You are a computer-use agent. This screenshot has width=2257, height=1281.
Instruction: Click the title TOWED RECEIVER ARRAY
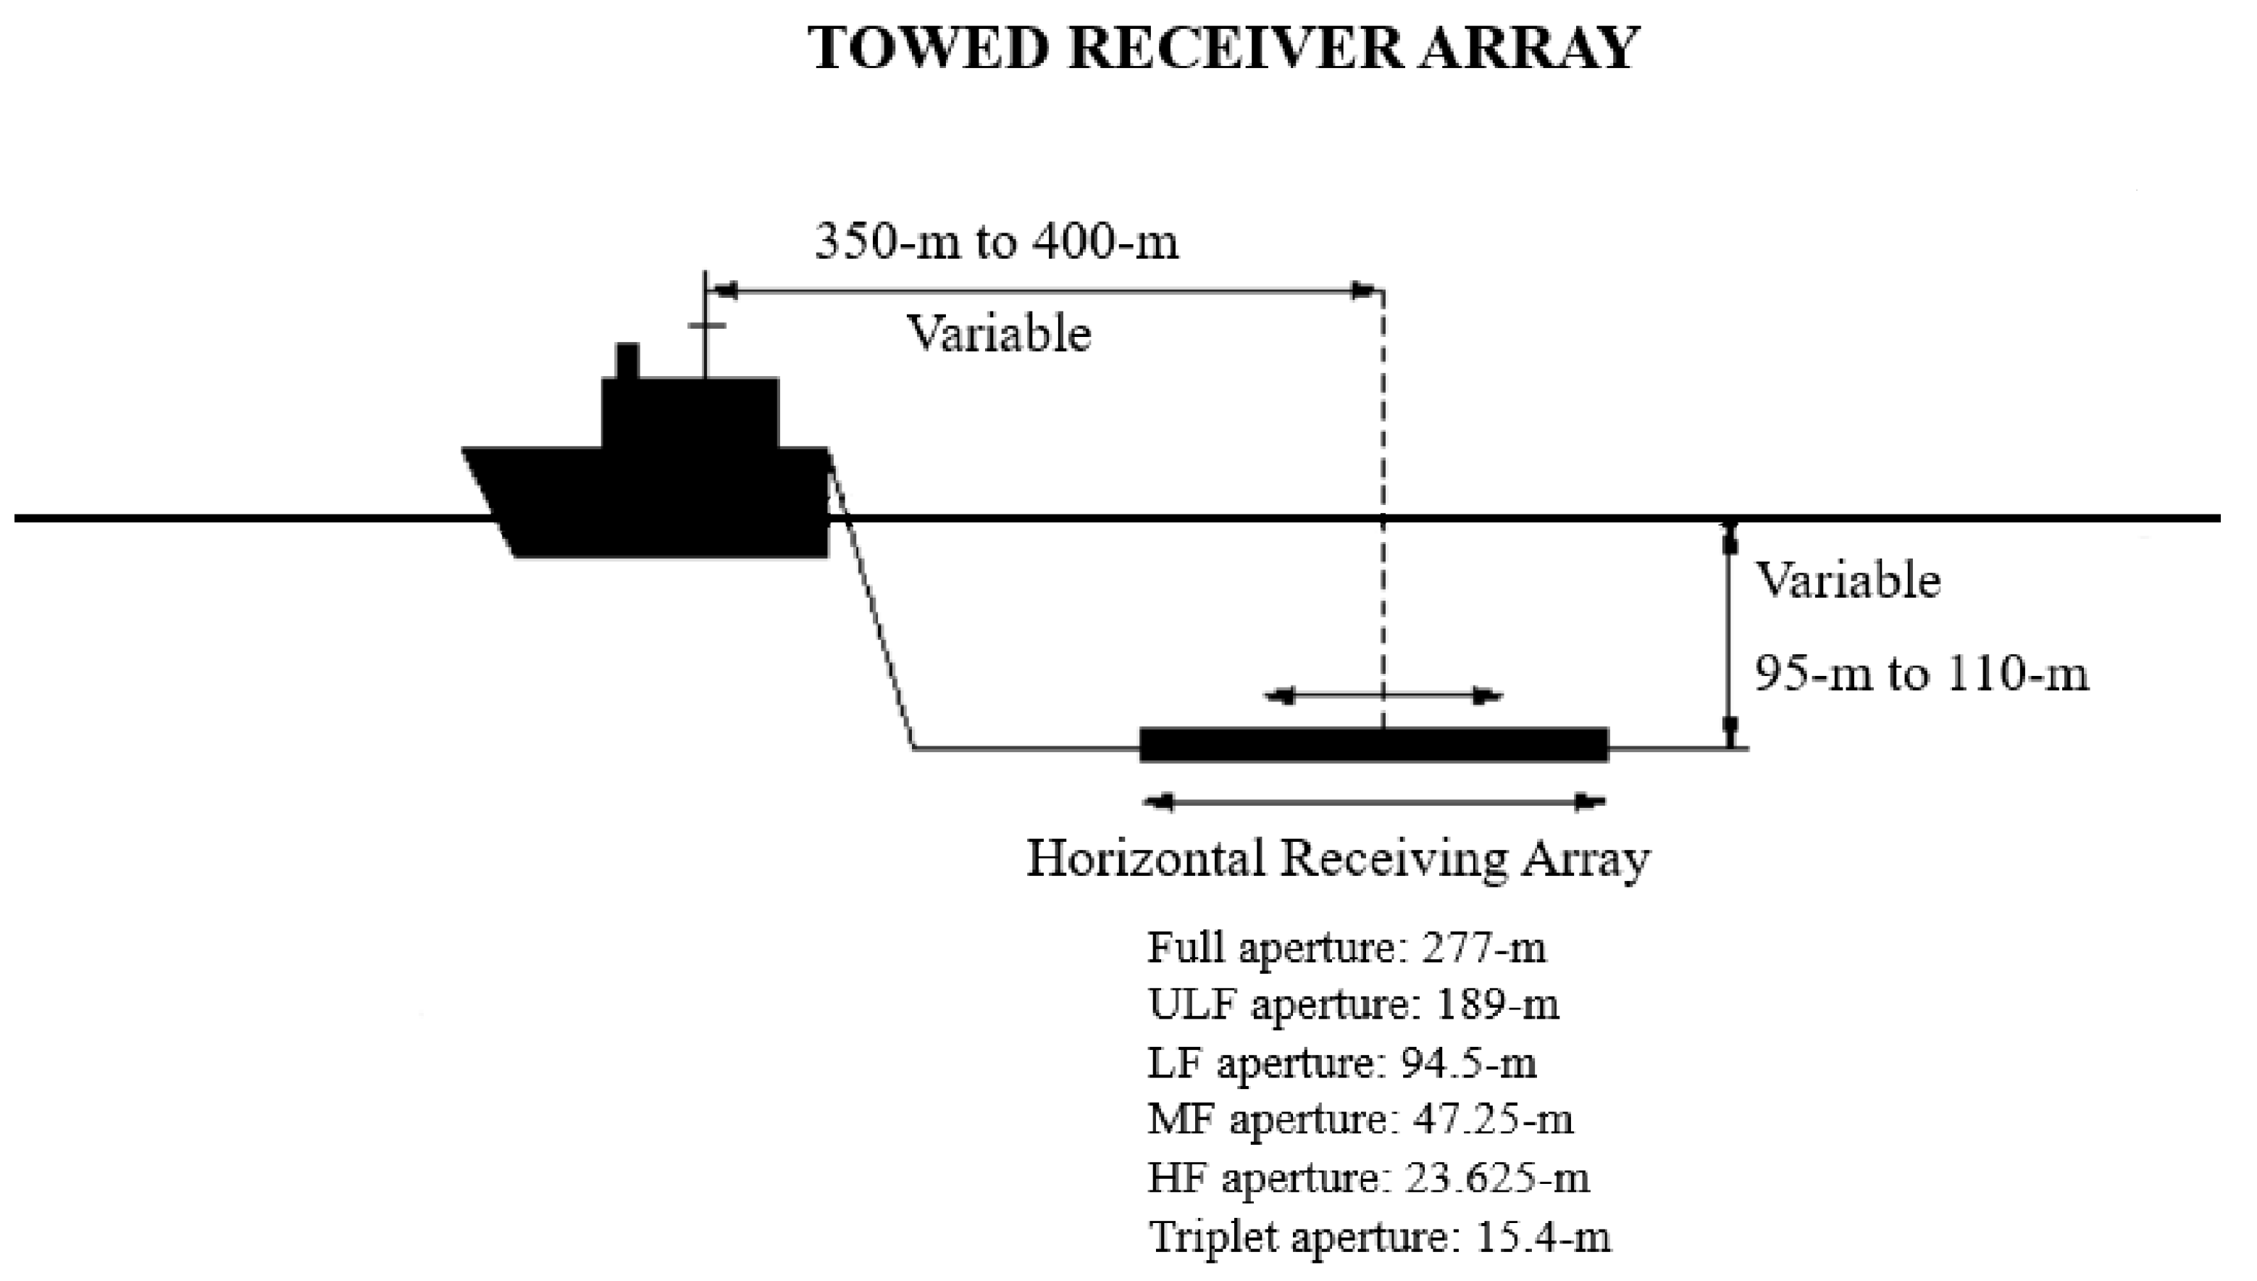coord(1223,49)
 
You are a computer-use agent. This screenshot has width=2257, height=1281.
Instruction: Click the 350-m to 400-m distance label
coord(996,241)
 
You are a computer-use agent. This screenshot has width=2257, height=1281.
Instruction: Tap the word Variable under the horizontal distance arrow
coord(998,333)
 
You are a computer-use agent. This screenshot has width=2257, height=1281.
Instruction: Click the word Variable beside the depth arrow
coord(1848,580)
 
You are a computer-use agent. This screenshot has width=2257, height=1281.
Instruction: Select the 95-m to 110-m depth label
coord(1921,675)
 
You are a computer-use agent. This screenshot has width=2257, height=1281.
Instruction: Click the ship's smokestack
coord(627,362)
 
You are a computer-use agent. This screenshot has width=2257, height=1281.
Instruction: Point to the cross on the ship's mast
coord(706,325)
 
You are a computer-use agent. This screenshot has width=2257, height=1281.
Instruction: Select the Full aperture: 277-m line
coord(1346,948)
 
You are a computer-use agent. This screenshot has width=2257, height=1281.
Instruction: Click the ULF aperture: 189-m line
coord(1353,1005)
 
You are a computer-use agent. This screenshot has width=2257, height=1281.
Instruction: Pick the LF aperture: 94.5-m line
coord(1341,1063)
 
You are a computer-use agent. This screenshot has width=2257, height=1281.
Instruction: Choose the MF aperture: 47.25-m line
coord(1360,1120)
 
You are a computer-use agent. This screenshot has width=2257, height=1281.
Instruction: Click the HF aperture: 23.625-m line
coord(1368,1178)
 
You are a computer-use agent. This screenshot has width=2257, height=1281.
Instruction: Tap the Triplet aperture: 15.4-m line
coord(1378,1236)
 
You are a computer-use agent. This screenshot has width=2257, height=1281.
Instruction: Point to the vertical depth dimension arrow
coord(1729,633)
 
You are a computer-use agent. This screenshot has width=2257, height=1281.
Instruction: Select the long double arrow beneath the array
coord(1373,801)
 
